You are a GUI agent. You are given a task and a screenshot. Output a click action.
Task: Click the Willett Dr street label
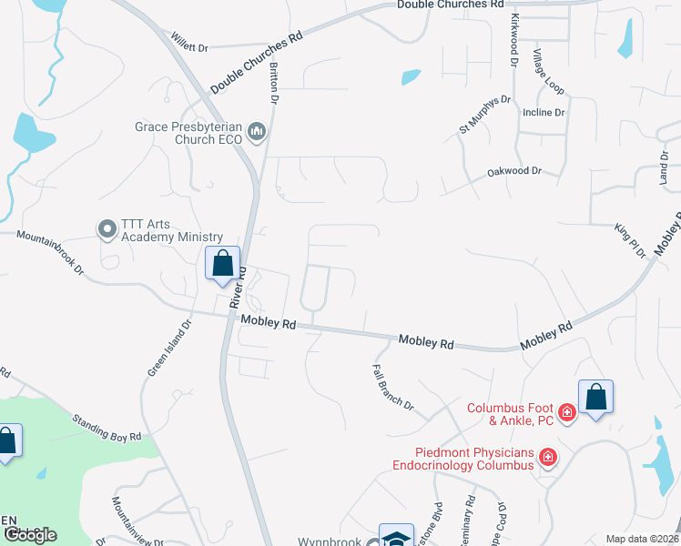point(189,43)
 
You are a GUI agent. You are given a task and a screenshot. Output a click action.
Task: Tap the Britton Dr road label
point(274,83)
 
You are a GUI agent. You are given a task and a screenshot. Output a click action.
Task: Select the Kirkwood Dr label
point(514,42)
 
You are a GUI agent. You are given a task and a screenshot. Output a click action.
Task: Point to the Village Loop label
point(550,72)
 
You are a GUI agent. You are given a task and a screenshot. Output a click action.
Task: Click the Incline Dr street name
point(544,113)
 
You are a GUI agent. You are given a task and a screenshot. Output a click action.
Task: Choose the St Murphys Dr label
point(485,115)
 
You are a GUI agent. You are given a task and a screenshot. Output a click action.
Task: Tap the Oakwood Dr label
point(513,171)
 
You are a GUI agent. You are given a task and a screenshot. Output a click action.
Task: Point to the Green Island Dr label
point(169,348)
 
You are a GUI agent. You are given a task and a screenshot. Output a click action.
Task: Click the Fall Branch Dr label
point(392,387)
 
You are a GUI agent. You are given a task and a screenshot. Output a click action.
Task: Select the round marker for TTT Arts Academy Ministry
point(107,229)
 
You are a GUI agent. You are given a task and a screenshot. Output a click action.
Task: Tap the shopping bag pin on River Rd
point(223,265)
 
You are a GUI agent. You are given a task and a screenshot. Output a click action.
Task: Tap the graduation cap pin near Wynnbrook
point(396,538)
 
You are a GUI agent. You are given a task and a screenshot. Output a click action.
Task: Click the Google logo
point(29,535)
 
